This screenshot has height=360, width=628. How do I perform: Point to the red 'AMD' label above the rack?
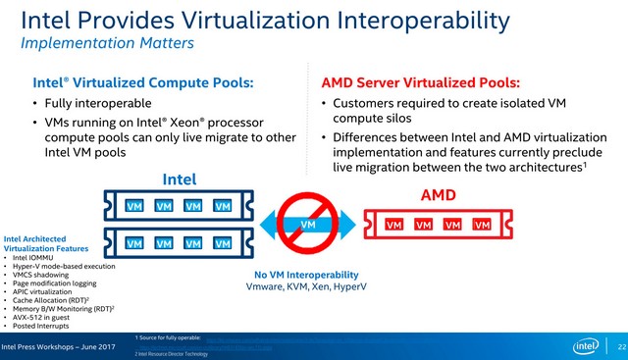click(x=439, y=195)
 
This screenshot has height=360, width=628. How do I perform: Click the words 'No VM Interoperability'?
click(x=306, y=275)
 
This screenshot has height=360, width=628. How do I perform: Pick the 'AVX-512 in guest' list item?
click(x=43, y=317)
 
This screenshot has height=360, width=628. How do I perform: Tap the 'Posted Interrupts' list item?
click(x=43, y=326)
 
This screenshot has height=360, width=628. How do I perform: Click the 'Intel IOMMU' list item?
click(x=35, y=257)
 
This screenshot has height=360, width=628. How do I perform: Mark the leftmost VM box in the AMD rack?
click(x=393, y=225)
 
